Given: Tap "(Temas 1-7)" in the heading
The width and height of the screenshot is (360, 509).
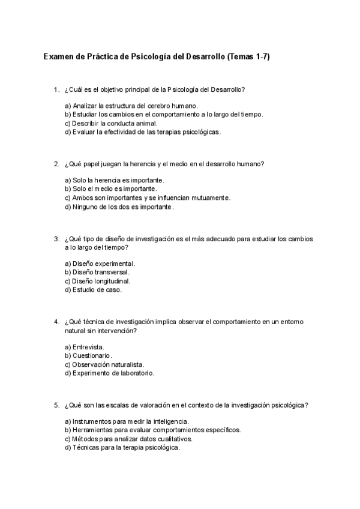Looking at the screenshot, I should [x=253, y=57].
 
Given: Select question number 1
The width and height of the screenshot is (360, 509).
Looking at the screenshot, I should [x=56, y=90].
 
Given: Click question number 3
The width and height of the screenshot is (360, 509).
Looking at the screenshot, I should [x=56, y=239].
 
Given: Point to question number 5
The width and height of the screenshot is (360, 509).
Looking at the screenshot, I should [x=56, y=405].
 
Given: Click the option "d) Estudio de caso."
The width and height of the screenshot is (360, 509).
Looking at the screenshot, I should [x=93, y=289].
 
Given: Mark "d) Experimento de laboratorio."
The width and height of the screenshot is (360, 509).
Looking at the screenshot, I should [x=109, y=373].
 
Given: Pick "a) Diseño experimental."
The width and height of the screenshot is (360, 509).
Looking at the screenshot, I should [x=100, y=264].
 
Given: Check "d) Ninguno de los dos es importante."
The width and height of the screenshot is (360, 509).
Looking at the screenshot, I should [x=119, y=206].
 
